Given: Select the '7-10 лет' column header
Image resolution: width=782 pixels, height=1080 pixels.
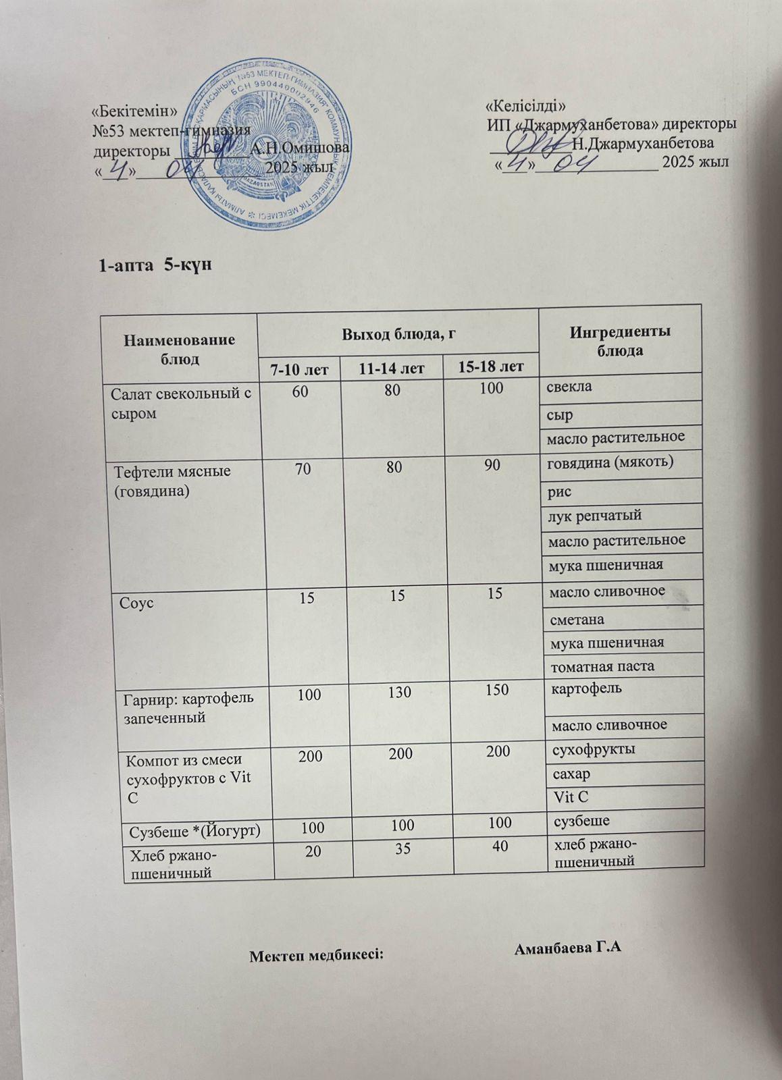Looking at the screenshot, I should coord(299,369).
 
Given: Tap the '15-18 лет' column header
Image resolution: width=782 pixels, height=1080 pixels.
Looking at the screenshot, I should coord(490,367).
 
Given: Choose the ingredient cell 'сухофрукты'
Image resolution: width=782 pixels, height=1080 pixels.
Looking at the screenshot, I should coord(594,749).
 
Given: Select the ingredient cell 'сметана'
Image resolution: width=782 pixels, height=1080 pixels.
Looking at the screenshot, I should coord(578,619).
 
